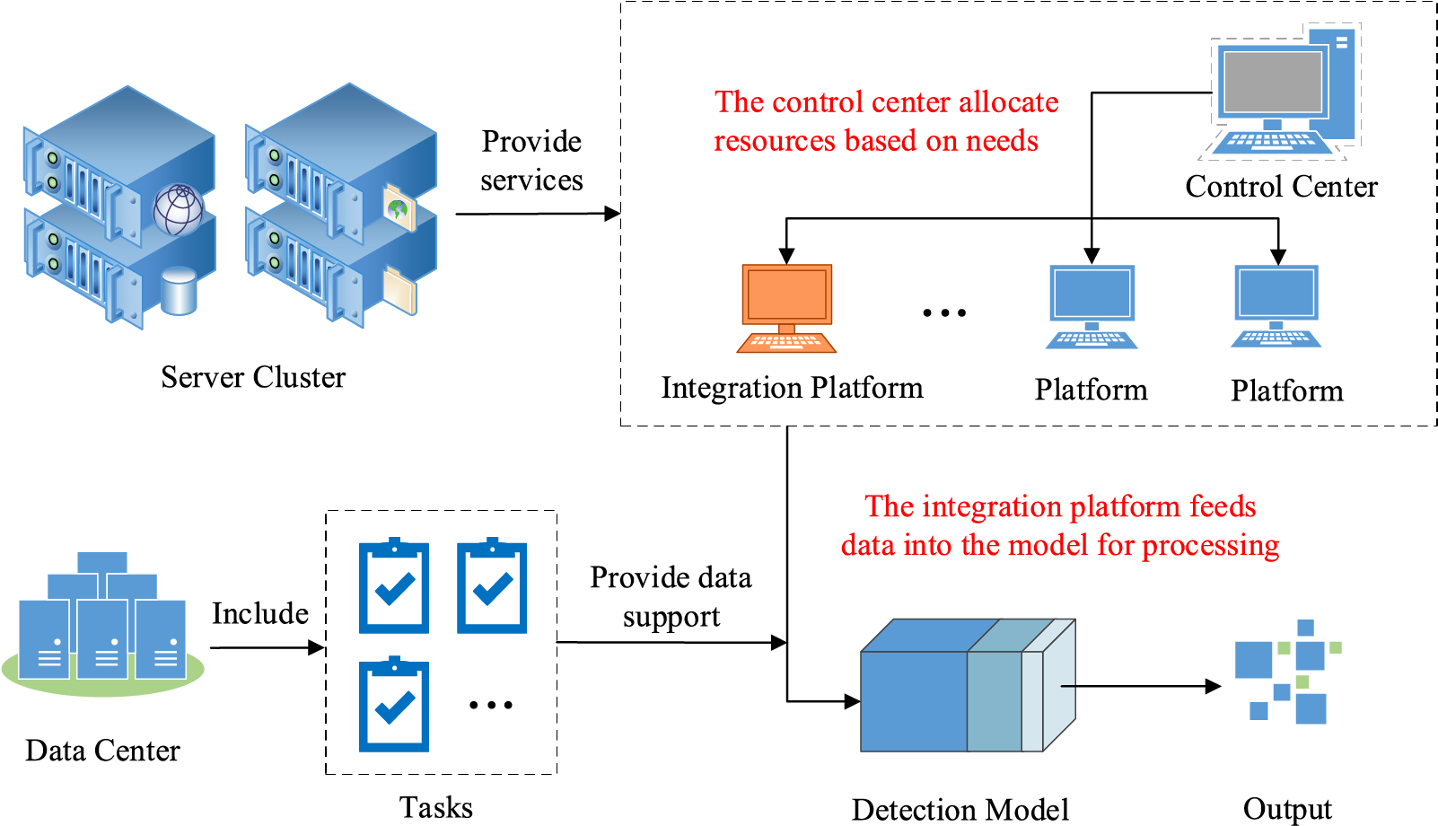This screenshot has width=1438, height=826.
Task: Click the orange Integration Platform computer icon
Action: [x=786, y=307]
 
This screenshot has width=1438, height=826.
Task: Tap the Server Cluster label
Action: [x=253, y=377]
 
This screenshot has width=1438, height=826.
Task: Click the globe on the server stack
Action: [x=179, y=209]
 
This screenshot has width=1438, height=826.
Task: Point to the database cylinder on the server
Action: [x=179, y=291]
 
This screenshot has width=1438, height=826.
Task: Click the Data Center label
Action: [x=102, y=751]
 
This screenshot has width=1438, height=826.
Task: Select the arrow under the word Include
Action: [x=267, y=647]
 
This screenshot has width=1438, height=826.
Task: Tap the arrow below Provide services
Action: [x=537, y=214]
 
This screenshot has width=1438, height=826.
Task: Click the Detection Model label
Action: [x=960, y=809]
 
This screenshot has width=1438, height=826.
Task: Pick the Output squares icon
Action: [x=1287, y=671]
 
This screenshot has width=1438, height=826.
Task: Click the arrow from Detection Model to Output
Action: [x=1140, y=686]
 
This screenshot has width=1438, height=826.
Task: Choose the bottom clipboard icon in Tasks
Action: [x=394, y=706]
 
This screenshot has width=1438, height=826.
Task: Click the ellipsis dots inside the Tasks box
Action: [x=491, y=705]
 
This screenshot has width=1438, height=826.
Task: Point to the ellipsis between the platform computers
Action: [x=944, y=312]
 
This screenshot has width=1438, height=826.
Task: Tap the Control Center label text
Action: [x=1281, y=187]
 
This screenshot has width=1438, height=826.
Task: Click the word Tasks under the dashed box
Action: [x=436, y=807]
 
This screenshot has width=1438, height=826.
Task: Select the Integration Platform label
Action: [x=792, y=388]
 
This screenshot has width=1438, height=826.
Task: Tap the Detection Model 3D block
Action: [x=968, y=686]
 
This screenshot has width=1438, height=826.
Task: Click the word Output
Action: [x=1287, y=809]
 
